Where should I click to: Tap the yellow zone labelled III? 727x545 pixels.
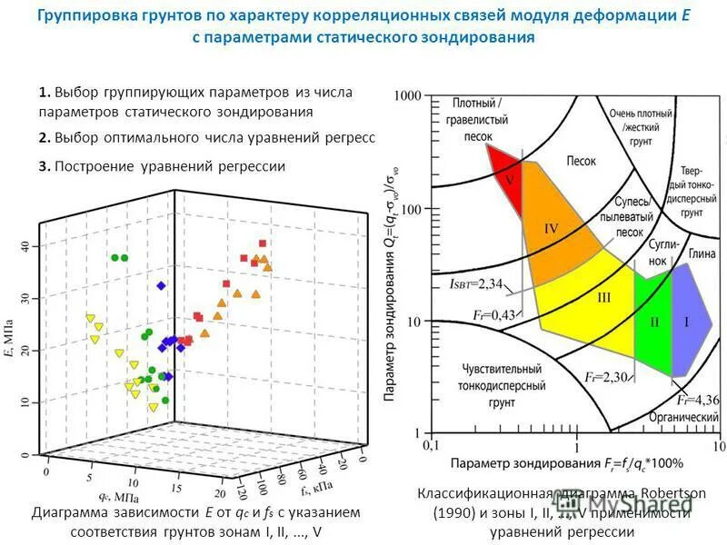[603, 299]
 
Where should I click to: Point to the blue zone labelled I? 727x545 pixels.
[687, 322]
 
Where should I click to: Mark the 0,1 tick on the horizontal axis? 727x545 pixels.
[433, 447]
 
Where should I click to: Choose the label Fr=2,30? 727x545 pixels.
[607, 376]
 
